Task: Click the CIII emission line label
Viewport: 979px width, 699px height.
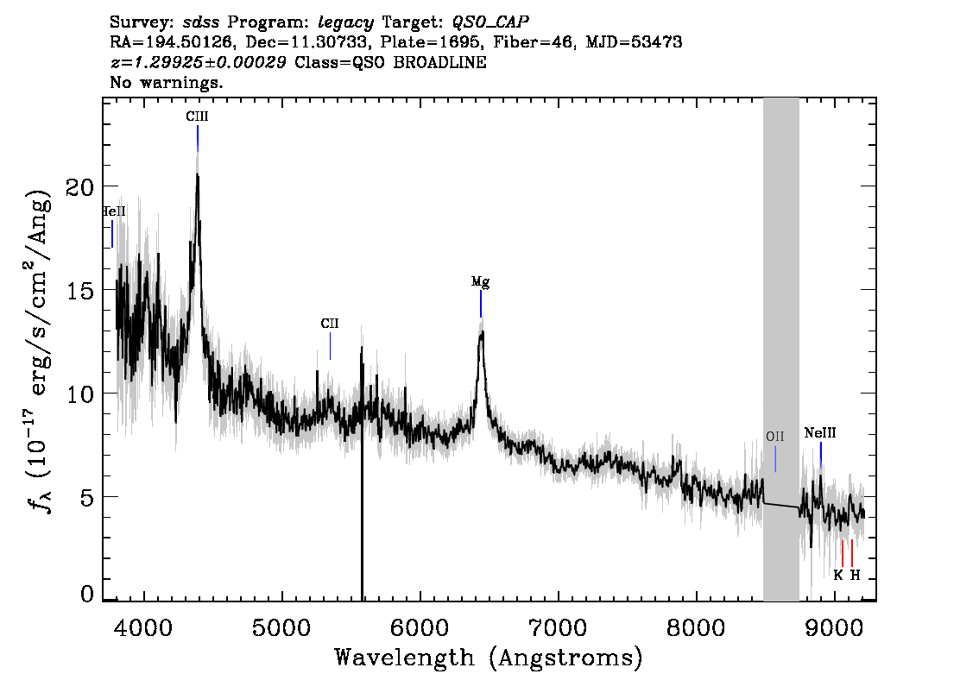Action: pos(198,116)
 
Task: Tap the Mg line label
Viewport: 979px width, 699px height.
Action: pos(480,282)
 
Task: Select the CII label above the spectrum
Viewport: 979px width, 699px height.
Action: pos(330,324)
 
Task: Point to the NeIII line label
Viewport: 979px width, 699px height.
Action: pos(820,433)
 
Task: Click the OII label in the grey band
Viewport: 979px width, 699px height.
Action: pos(775,437)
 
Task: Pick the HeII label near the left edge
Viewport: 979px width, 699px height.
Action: pos(114,211)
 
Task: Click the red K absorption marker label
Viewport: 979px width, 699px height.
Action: pos(838,576)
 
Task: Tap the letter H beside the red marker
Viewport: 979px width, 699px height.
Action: pos(855,576)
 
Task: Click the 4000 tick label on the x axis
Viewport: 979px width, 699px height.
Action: pos(144,628)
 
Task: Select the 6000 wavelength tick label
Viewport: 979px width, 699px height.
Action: pos(420,628)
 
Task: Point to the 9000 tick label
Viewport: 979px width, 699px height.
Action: pos(833,628)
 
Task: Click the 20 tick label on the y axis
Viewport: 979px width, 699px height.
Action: pos(80,186)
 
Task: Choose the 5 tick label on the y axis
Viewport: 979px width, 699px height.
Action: pos(87,497)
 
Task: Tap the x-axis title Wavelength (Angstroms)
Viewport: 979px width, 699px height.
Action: pos(489,658)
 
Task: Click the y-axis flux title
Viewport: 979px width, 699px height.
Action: pos(39,350)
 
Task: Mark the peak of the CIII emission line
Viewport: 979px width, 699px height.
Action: pos(198,174)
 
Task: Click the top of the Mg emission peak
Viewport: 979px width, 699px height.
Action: pos(482,332)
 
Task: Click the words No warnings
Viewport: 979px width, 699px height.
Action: pos(166,82)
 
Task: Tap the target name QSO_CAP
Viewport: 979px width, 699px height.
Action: pos(490,22)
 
